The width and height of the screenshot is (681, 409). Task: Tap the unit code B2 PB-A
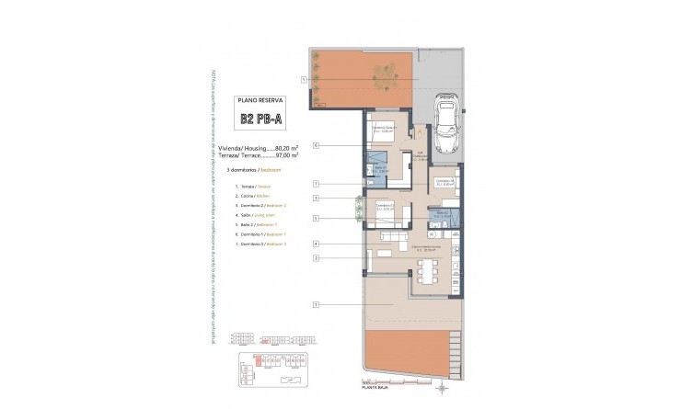coord(261,118)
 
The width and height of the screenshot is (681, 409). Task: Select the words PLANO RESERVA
coord(261,100)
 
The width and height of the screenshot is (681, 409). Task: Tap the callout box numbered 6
coord(316,145)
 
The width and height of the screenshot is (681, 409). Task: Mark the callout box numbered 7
coord(316,183)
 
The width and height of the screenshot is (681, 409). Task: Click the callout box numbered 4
coord(316,244)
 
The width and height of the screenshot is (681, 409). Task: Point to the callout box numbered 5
coord(316,218)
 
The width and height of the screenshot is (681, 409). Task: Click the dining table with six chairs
coord(426,271)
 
